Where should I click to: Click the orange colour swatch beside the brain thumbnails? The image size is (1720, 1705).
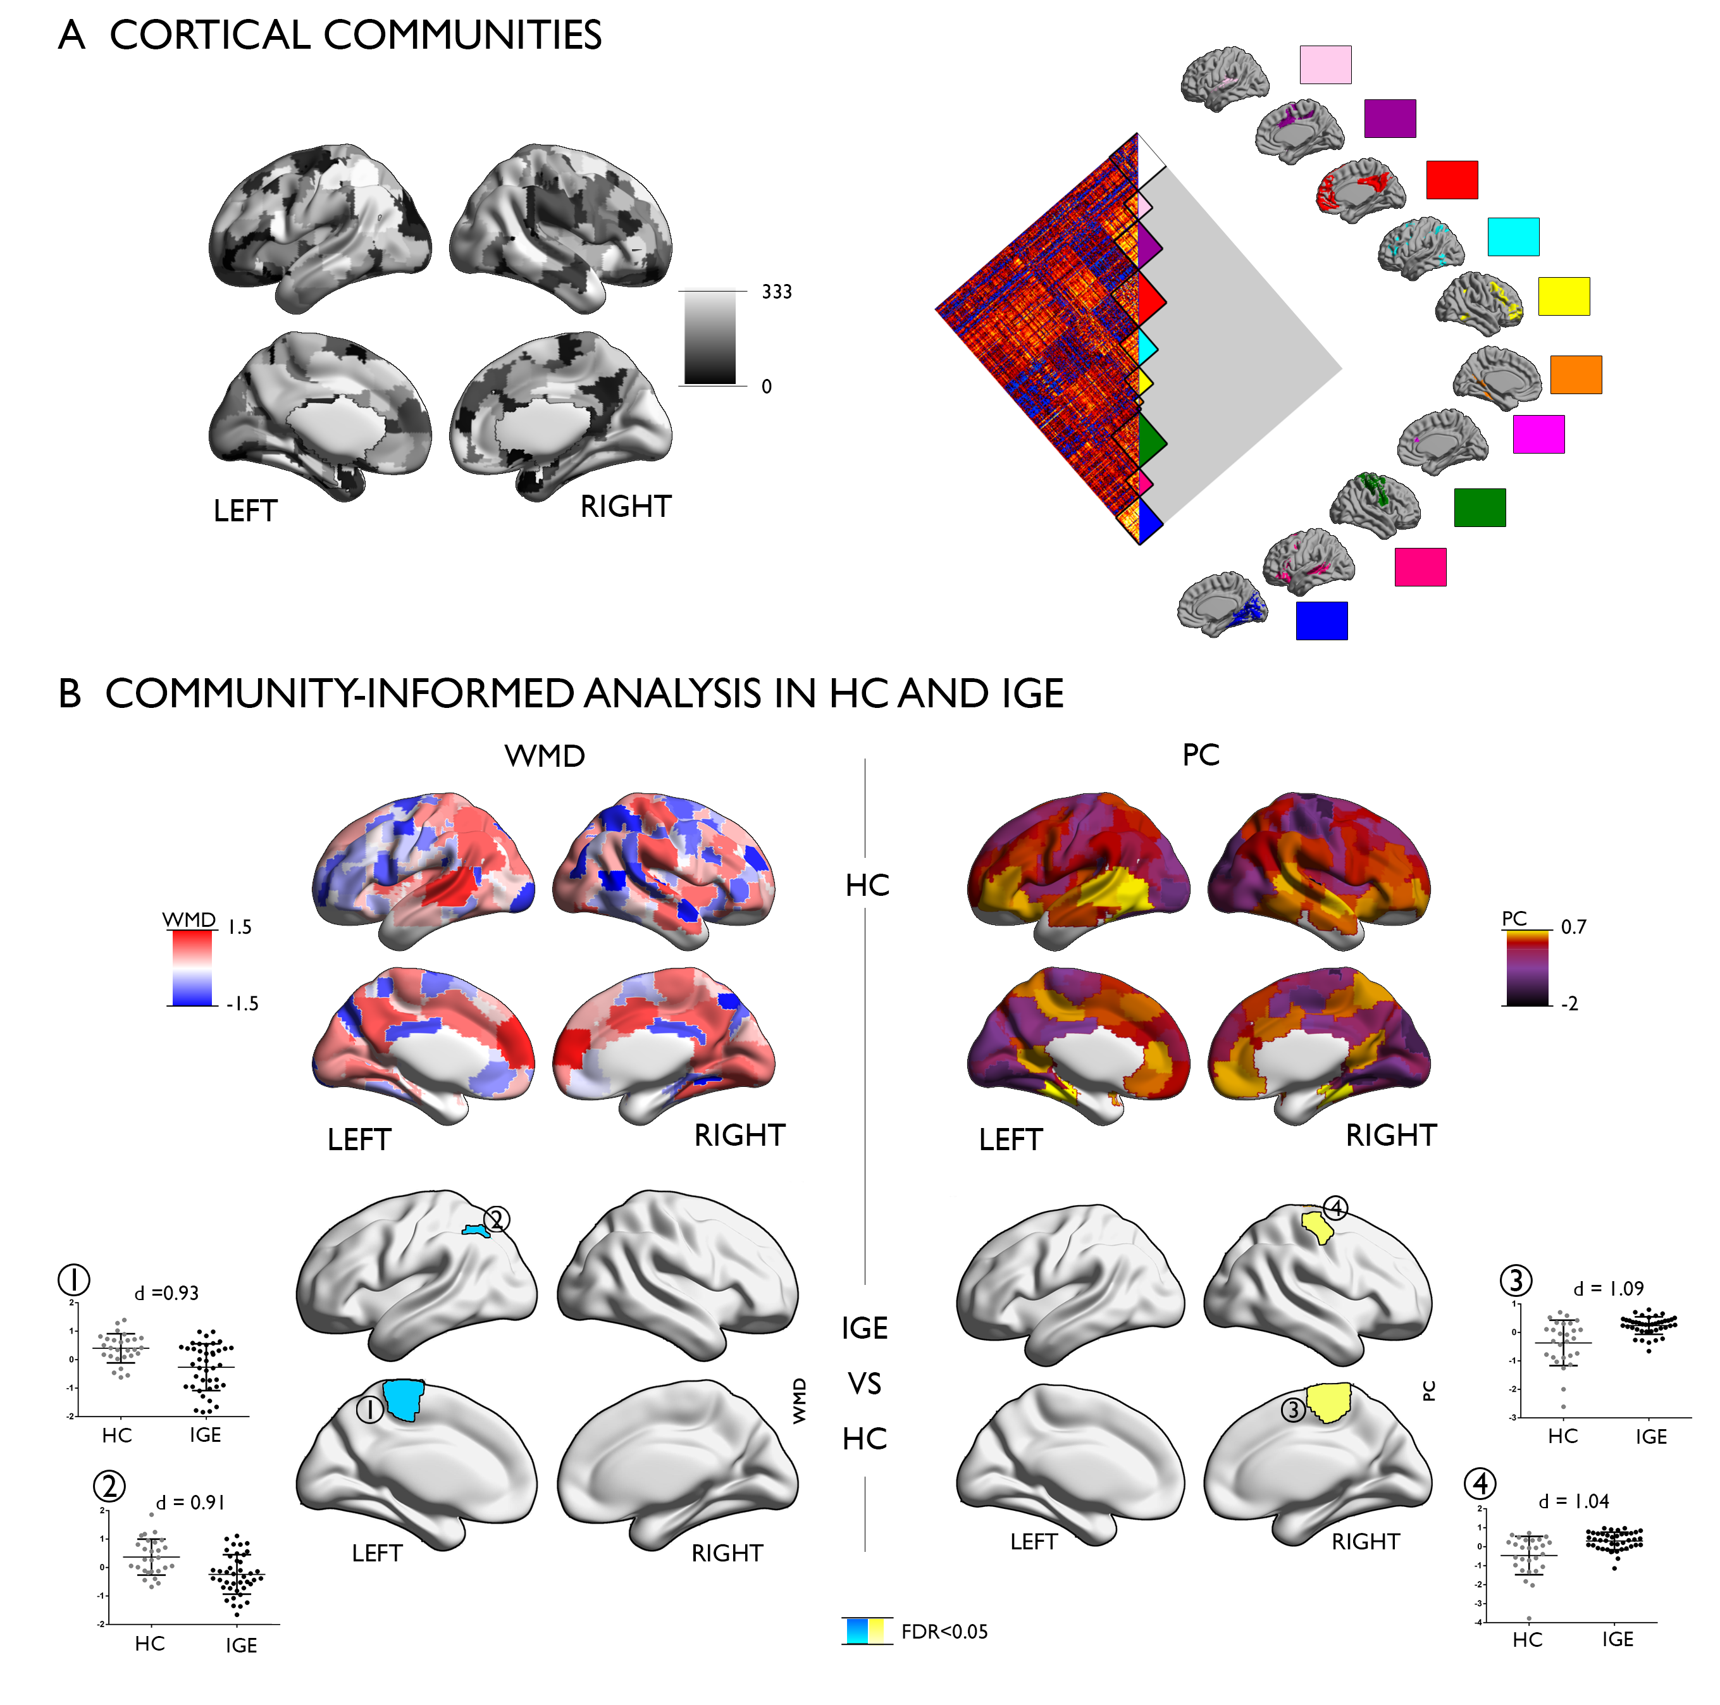(x=1575, y=374)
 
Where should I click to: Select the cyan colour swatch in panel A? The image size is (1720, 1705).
(x=1513, y=236)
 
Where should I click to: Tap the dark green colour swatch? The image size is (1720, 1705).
(x=1479, y=507)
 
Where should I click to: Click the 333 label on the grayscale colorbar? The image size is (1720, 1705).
(x=776, y=292)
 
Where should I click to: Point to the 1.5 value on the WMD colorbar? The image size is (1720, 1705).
(x=240, y=927)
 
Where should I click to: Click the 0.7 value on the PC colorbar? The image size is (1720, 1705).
(x=1573, y=927)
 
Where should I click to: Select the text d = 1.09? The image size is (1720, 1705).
(x=1608, y=1288)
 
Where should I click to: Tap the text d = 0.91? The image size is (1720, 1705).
(x=190, y=1503)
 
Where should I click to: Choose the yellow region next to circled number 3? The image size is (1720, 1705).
(x=1329, y=1403)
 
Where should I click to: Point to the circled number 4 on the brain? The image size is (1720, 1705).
(x=1335, y=1208)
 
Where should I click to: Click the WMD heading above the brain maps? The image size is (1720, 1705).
(x=544, y=756)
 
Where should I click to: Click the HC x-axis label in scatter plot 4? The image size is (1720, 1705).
(x=1527, y=1640)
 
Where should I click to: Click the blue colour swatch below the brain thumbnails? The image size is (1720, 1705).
(x=1321, y=621)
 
